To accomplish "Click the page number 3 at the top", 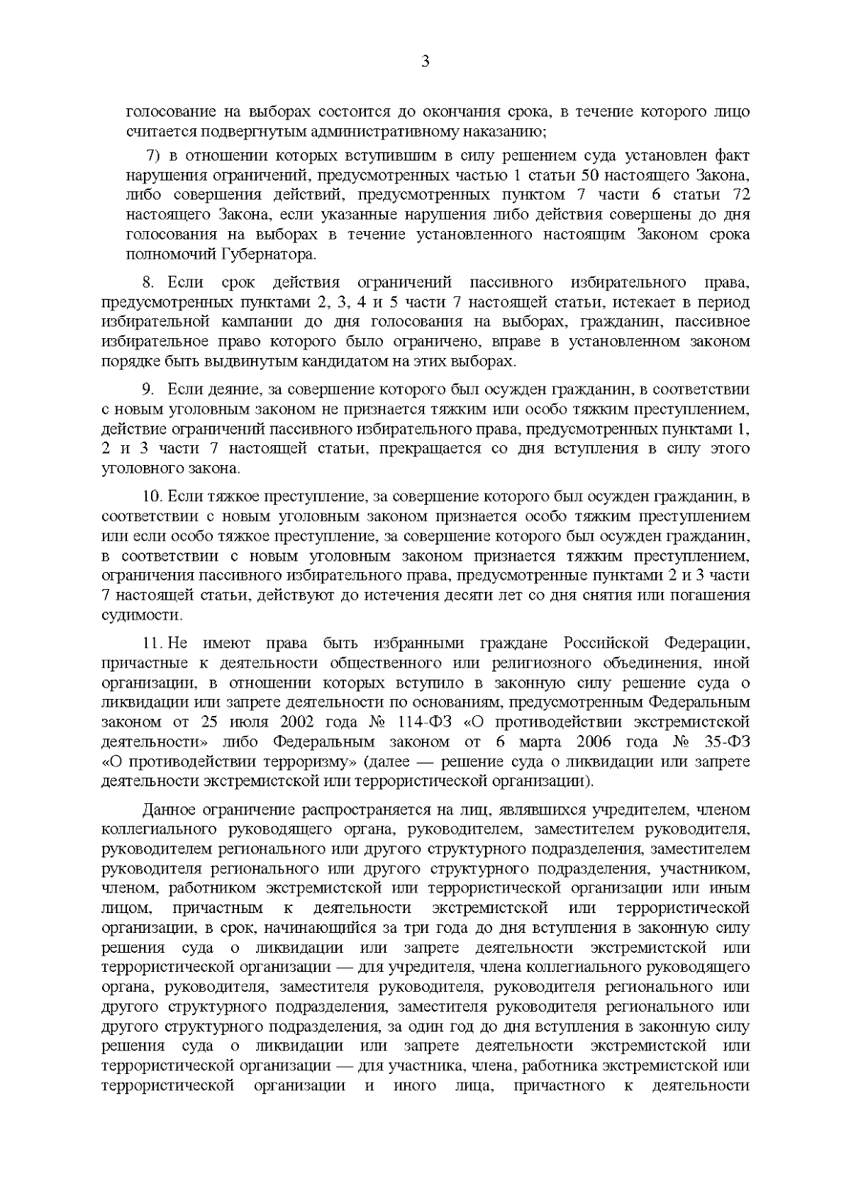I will (x=425, y=61).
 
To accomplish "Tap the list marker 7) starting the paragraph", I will (x=153, y=155).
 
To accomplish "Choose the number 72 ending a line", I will (x=738, y=194).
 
